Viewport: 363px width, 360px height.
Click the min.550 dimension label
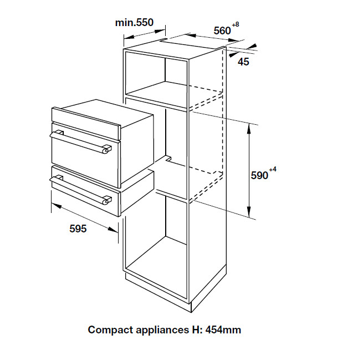[134, 23]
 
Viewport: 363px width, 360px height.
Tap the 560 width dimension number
[222, 31]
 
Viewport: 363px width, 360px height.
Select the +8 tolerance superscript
[236, 24]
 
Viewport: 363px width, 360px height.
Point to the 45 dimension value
[243, 62]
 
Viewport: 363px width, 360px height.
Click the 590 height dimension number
[259, 176]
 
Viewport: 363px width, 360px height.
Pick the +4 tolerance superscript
[273, 170]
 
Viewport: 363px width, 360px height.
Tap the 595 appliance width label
[78, 229]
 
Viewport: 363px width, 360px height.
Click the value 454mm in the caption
[223, 330]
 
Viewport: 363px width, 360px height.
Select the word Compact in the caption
[110, 330]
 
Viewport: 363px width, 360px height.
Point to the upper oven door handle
[80, 141]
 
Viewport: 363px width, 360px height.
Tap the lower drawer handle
[80, 189]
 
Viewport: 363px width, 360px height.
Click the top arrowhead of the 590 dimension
[249, 129]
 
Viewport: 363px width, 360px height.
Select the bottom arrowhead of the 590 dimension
[249, 212]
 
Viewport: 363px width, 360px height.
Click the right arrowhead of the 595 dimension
[113, 230]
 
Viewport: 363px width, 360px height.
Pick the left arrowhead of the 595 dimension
[57, 205]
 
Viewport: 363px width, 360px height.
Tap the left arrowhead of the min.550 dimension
[129, 37]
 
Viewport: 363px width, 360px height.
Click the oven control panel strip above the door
[86, 123]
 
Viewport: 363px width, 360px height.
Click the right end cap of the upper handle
[106, 149]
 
